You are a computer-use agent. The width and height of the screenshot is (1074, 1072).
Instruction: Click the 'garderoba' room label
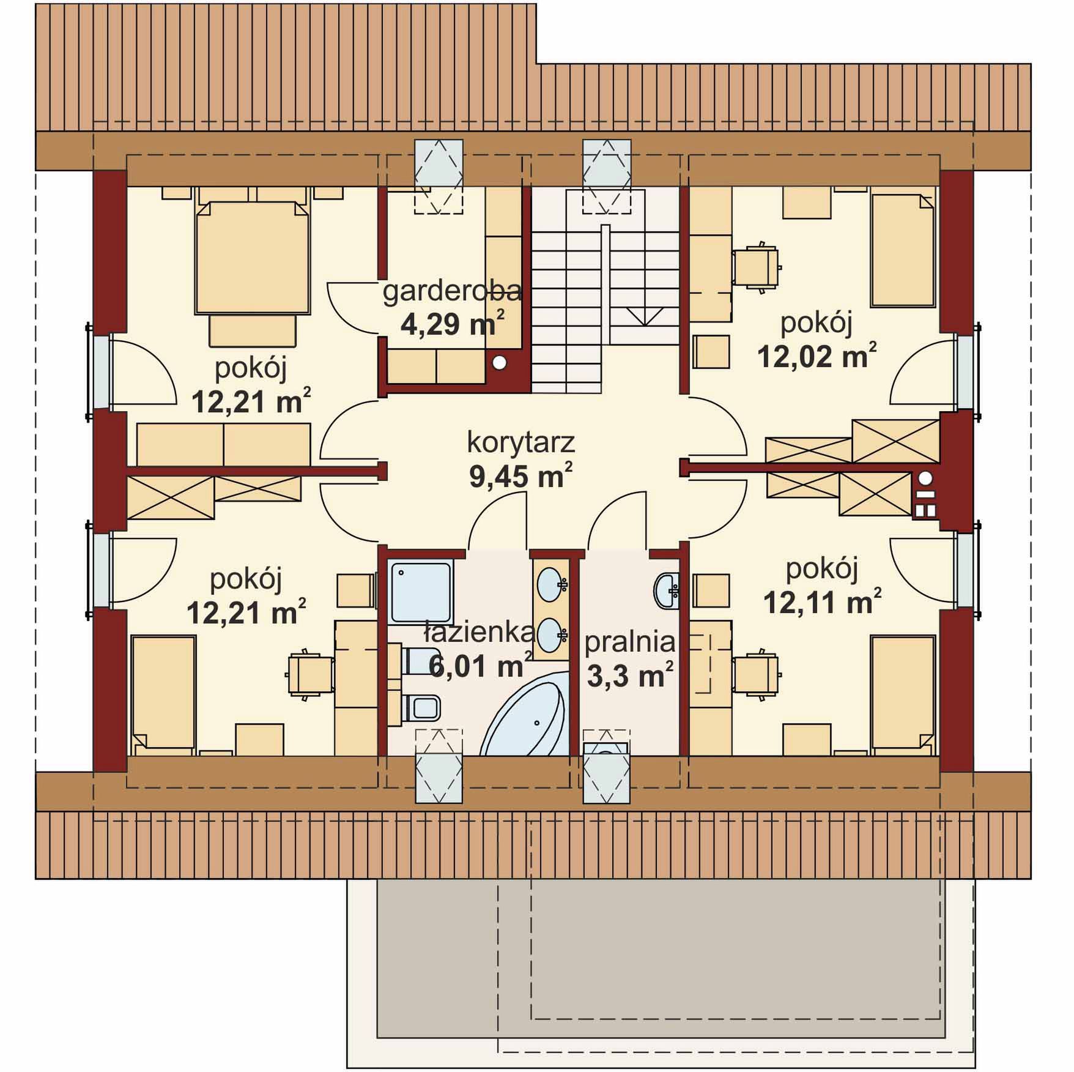pos(452,292)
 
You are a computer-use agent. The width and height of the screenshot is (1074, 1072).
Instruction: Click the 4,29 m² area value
pos(453,323)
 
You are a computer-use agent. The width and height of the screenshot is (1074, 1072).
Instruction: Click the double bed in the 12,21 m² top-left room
pos(252,258)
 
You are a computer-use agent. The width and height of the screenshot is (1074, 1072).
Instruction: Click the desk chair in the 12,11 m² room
pos(757,674)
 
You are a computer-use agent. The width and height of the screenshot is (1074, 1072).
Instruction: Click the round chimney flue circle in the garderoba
pos(500,363)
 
